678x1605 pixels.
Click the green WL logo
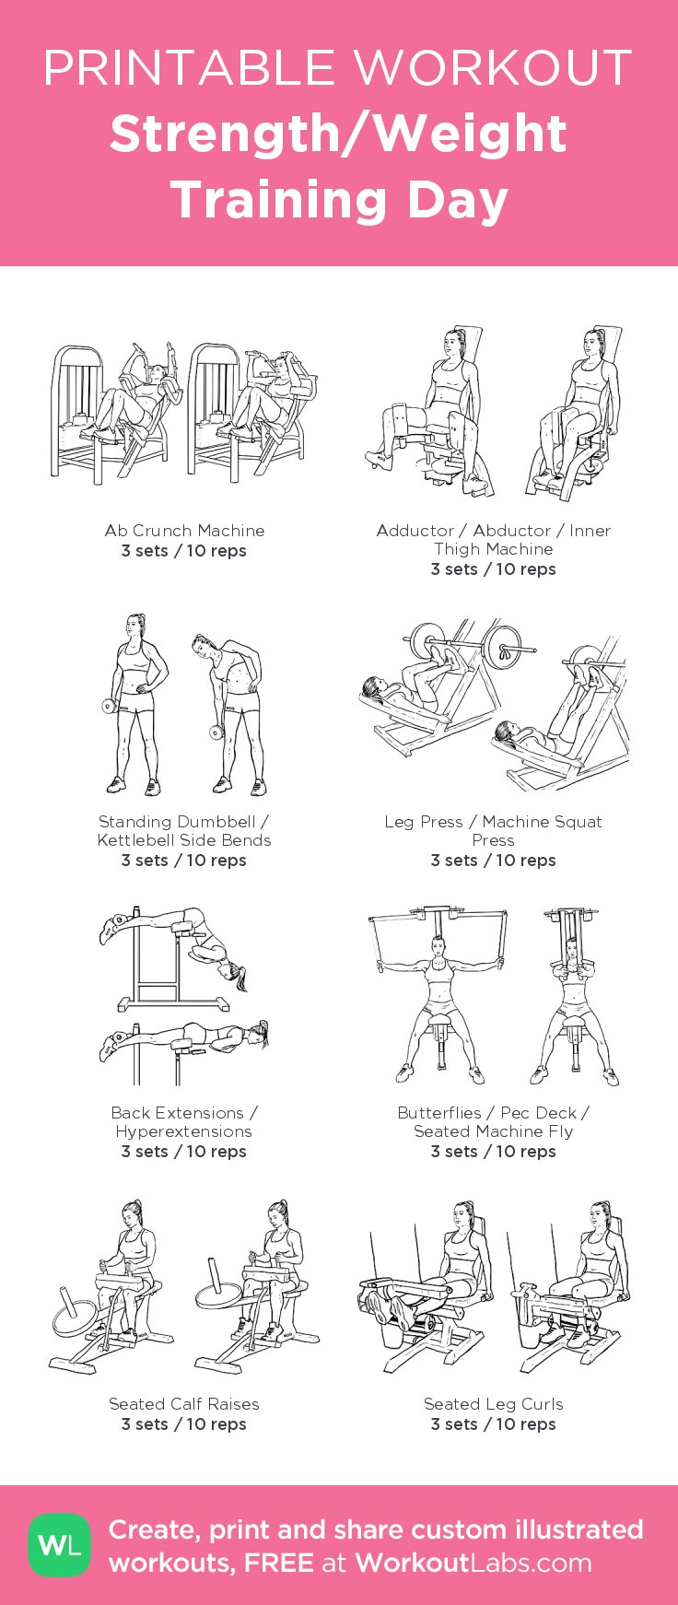click(x=60, y=1545)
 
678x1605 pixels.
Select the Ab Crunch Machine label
click(x=184, y=531)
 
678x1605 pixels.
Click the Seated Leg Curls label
click(x=493, y=1404)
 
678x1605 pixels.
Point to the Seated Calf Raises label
click(x=184, y=1404)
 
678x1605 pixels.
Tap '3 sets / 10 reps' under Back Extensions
click(x=184, y=1152)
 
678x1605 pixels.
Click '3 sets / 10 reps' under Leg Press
click(x=493, y=861)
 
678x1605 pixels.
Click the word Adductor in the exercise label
click(x=415, y=531)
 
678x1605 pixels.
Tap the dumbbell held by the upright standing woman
click(x=108, y=707)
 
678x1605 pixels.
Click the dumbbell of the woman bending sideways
click(x=216, y=732)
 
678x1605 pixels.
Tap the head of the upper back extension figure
click(x=227, y=970)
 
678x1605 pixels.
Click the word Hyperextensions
click(x=184, y=1131)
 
